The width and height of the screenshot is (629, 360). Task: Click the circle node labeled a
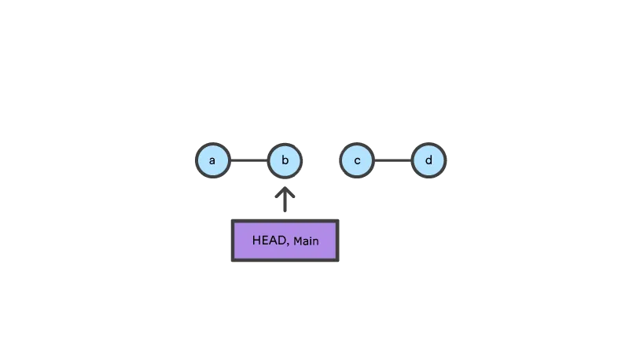pos(212,160)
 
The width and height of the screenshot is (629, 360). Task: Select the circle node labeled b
pos(285,160)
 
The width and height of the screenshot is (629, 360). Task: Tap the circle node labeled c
pos(357,160)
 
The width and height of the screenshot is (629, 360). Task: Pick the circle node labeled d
pos(429,160)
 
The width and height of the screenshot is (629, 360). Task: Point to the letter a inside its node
pos(212,160)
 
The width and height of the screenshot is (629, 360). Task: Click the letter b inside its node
pos(285,160)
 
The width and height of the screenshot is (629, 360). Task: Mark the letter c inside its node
pos(357,160)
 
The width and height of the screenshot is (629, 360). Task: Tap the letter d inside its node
pos(429,160)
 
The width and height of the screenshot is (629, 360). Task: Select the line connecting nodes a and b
pos(248,160)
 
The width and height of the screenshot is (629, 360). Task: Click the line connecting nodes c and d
pos(392,160)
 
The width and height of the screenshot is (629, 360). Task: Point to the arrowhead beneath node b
pos(285,191)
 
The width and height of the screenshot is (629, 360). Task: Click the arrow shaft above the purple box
pos(285,204)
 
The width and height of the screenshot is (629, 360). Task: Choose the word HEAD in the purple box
pos(269,240)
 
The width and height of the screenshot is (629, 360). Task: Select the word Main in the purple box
pos(306,241)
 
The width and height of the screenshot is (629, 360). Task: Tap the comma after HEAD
pos(288,244)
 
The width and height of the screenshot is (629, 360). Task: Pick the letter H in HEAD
pos(256,240)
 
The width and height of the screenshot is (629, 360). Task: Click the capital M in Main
pos(297,241)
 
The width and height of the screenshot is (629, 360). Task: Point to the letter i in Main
pos(311,241)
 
